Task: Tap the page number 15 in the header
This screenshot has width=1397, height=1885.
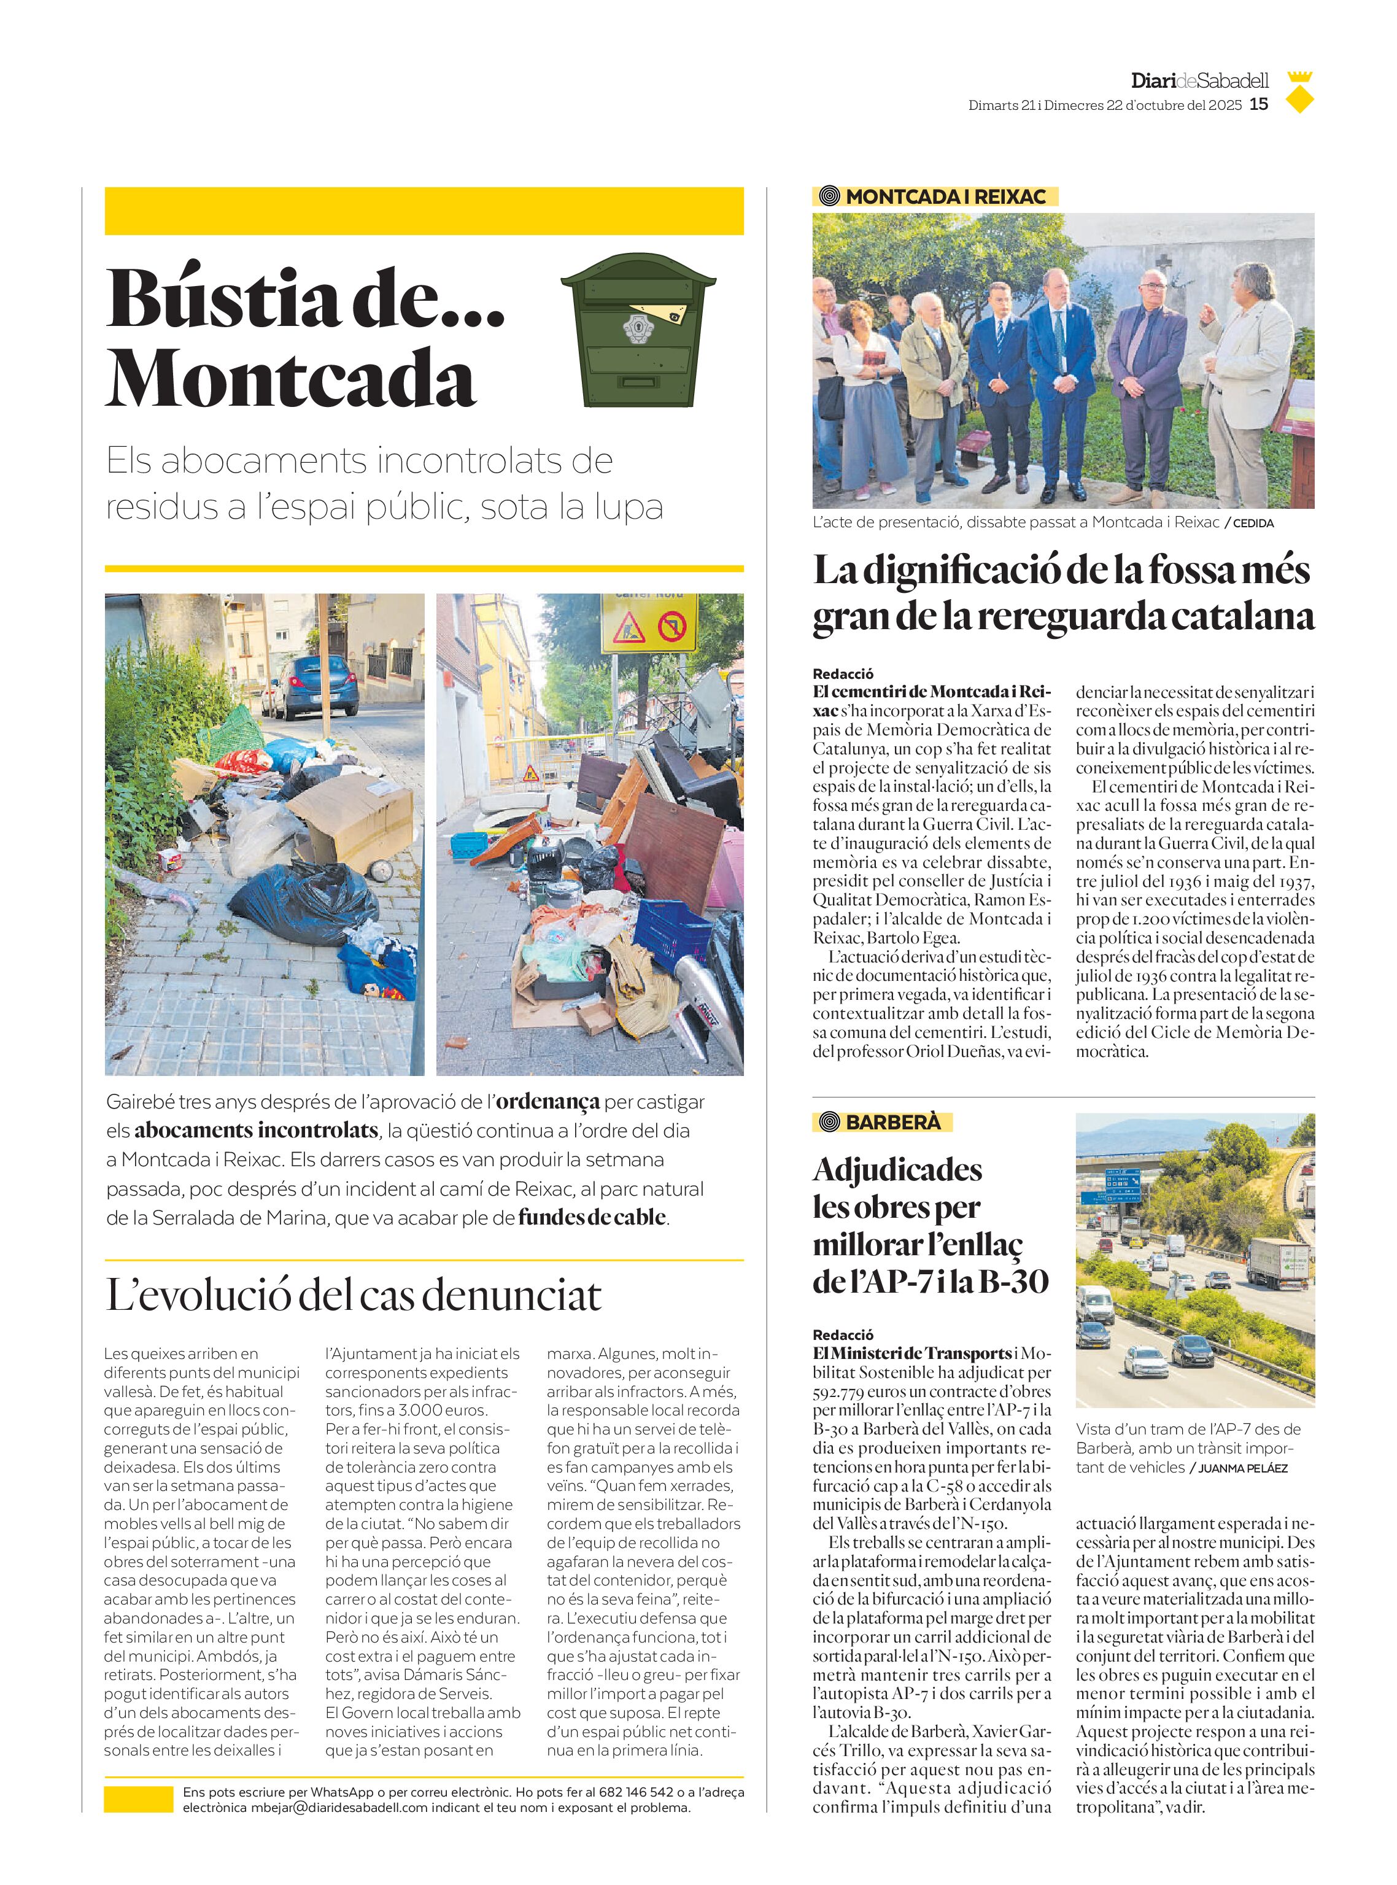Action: point(1259,104)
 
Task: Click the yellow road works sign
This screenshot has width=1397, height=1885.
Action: point(649,623)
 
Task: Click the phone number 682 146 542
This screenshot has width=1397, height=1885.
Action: point(636,1792)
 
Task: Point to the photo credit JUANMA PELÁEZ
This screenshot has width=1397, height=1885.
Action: point(1242,1468)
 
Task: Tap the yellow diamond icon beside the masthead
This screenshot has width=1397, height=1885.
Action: point(1299,100)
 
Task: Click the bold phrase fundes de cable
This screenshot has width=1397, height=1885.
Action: point(592,1218)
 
